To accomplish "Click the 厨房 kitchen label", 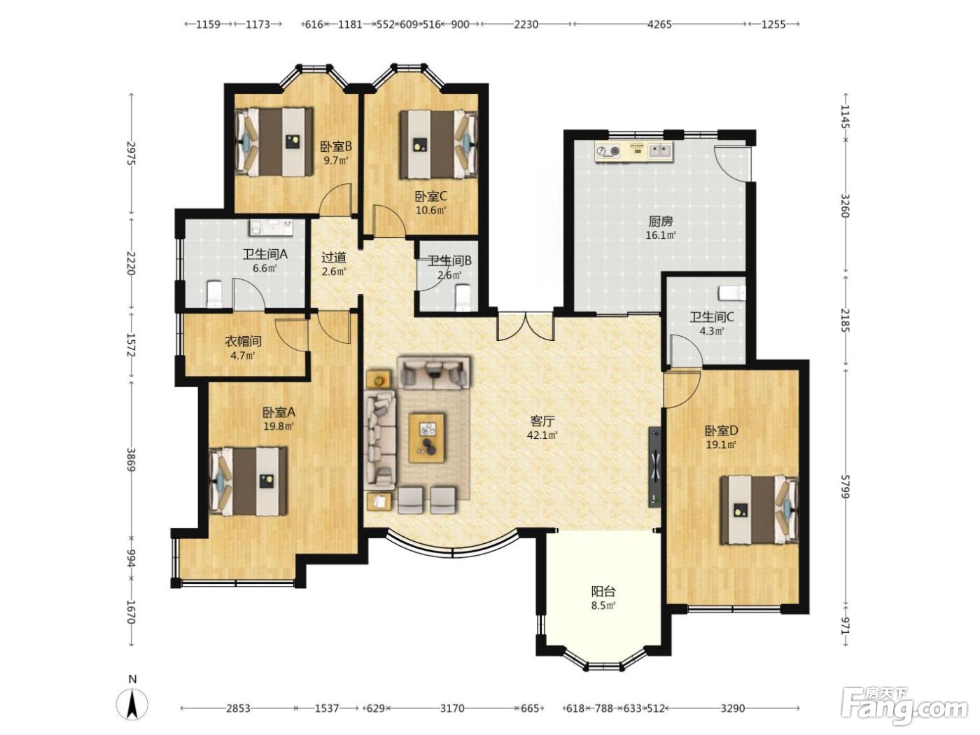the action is [x=660, y=221].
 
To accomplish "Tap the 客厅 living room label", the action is [x=542, y=421].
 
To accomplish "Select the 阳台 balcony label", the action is [x=603, y=591].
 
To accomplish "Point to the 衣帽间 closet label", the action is [x=242, y=342].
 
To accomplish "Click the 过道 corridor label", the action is [x=334, y=257].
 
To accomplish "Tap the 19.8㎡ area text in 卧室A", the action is [x=278, y=426].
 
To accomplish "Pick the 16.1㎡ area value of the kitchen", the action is [x=660, y=235].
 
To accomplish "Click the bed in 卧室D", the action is [x=759, y=510].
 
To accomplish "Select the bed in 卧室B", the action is [x=273, y=141].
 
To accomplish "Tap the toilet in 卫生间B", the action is [x=463, y=297].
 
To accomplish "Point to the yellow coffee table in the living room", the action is [x=427, y=437].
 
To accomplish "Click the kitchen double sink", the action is [x=660, y=150].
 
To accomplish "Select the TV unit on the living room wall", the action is [x=654, y=467].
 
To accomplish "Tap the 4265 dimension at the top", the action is [x=659, y=24].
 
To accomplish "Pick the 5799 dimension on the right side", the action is [x=844, y=486].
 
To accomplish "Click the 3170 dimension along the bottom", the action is [x=452, y=708].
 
